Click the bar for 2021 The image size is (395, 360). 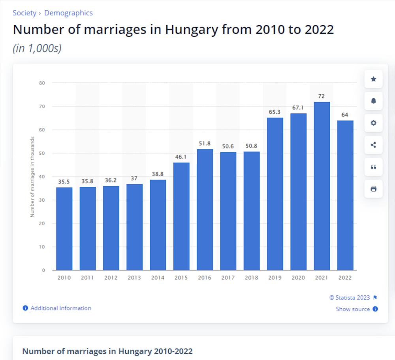coord(322,186)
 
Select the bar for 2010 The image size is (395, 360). coord(64,229)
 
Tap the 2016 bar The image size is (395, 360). coord(205,210)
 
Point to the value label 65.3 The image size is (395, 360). coord(275,112)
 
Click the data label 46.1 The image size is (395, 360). coord(181,157)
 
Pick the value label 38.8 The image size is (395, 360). coord(158,174)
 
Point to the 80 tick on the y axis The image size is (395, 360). coord(42,83)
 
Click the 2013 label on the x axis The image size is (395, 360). coord(134,278)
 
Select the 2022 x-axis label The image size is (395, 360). coord(345,278)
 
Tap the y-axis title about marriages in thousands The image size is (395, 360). coord(32,177)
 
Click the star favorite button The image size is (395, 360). coord(373,79)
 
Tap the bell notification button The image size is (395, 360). coord(373,101)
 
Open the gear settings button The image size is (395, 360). coord(373,123)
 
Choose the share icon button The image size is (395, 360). coord(373,145)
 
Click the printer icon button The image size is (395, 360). coord(373,189)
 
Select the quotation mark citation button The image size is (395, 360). coord(373,167)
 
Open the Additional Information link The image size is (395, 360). coord(60,308)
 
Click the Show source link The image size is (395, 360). coord(353,309)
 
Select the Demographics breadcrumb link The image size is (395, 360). coord(68,13)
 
